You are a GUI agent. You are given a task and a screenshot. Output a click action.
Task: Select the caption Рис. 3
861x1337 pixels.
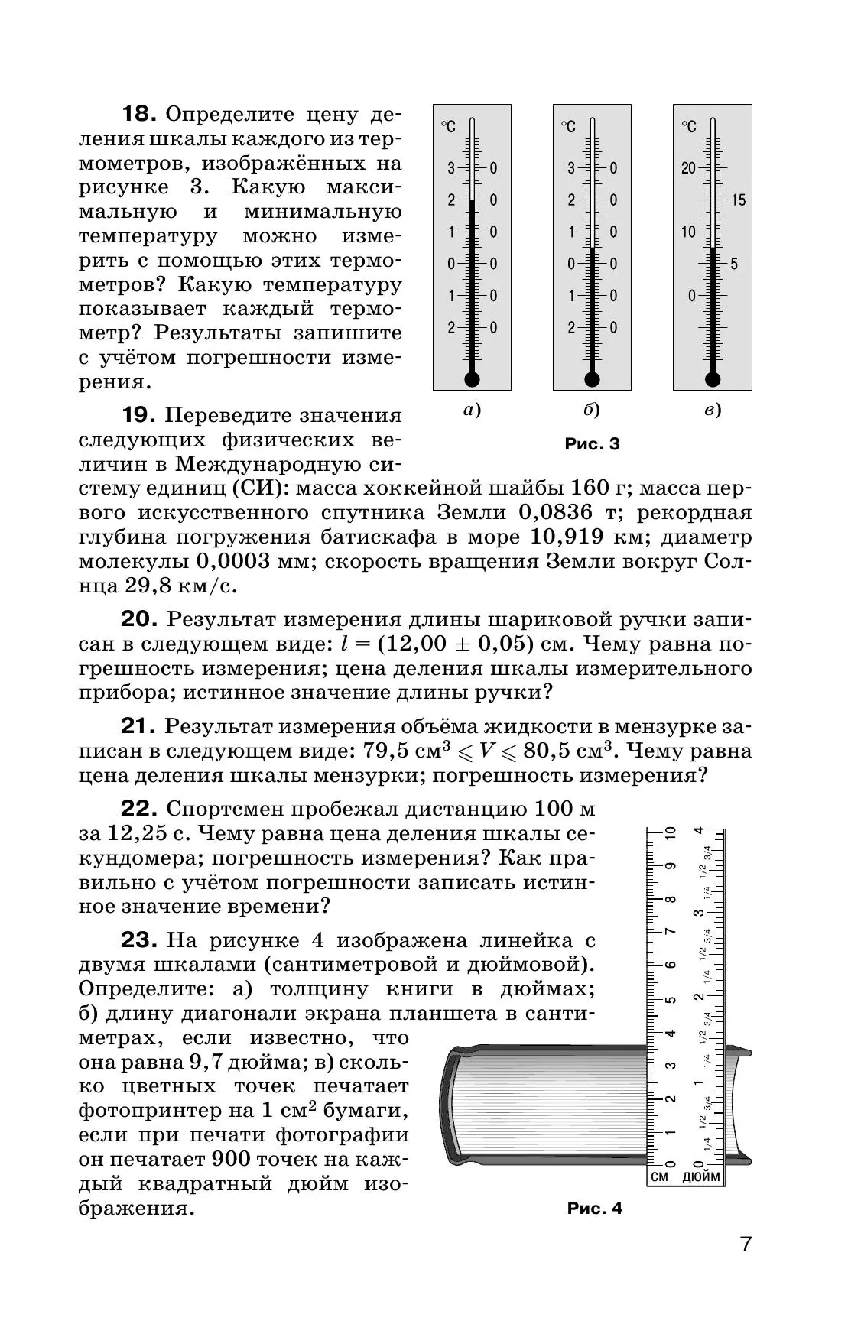pos(592,444)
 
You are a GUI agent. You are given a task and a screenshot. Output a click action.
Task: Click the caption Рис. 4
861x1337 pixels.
pos(595,1230)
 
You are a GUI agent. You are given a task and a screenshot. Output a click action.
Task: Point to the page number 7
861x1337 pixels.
pos(746,1266)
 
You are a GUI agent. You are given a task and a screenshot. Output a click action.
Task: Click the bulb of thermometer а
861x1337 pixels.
pos(471,379)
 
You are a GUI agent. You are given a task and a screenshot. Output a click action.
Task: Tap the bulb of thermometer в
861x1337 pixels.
pos(713,379)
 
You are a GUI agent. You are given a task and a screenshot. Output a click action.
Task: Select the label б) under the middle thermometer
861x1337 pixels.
pos(592,411)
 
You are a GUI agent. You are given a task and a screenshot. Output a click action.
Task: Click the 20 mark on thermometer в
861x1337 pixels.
pos(689,168)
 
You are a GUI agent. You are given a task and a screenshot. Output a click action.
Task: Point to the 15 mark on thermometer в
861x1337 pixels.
pos(738,200)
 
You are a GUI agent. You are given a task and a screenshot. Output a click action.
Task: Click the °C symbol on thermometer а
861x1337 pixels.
pos(448,127)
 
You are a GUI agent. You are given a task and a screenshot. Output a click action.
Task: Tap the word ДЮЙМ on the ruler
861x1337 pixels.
pos(700,1198)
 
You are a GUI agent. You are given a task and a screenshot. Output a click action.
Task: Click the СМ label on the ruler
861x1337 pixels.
pos(659,1198)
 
